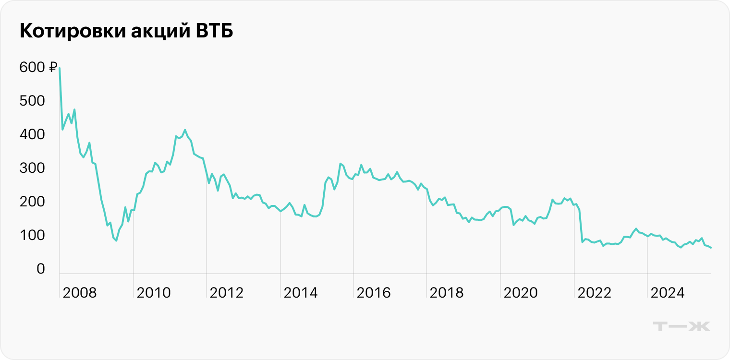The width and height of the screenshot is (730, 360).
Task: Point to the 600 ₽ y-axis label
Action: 38,68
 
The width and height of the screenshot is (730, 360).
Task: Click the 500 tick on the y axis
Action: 32,101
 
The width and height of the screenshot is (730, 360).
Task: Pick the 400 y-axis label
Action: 32,135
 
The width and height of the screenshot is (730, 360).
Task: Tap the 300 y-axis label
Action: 32,168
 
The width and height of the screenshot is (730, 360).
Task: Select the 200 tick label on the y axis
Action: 32,202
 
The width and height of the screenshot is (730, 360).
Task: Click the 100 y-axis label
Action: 32,236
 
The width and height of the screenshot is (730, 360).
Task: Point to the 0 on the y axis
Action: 40,269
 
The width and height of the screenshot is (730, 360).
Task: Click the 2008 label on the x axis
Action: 80,292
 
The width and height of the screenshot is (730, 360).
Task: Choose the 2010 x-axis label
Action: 154,292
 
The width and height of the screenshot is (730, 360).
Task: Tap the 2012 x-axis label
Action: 227,292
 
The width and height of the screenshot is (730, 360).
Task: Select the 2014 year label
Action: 301,292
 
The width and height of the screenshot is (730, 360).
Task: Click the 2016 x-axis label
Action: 374,292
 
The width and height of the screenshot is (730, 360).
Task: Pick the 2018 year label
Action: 447,292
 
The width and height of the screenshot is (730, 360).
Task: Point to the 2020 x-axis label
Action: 521,292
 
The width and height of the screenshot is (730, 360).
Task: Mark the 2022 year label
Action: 594,292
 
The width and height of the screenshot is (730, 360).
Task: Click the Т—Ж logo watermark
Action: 682,326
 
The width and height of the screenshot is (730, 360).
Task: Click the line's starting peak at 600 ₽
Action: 60,68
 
